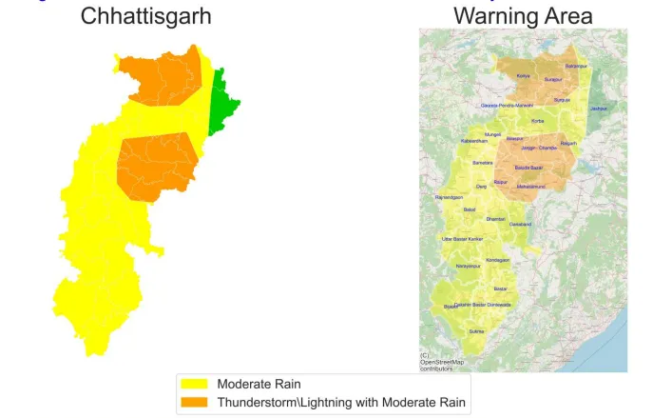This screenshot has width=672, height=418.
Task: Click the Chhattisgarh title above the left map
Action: (145, 15)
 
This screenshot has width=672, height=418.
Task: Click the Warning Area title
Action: (523, 15)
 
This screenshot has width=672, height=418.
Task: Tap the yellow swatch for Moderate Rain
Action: (195, 385)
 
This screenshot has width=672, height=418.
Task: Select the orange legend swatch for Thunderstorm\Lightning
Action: (195, 402)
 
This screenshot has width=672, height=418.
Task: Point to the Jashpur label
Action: (598, 109)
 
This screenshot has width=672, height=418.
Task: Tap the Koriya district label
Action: (523, 75)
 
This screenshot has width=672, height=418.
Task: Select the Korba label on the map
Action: (537, 121)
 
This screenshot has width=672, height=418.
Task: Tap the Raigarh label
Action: (568, 143)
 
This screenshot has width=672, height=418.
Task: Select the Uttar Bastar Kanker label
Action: (463, 238)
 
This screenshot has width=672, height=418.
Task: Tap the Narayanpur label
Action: (469, 266)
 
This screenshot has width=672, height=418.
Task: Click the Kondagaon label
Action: (498, 259)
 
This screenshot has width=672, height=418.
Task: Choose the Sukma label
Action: (477, 330)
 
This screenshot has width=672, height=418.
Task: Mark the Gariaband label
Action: (520, 224)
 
